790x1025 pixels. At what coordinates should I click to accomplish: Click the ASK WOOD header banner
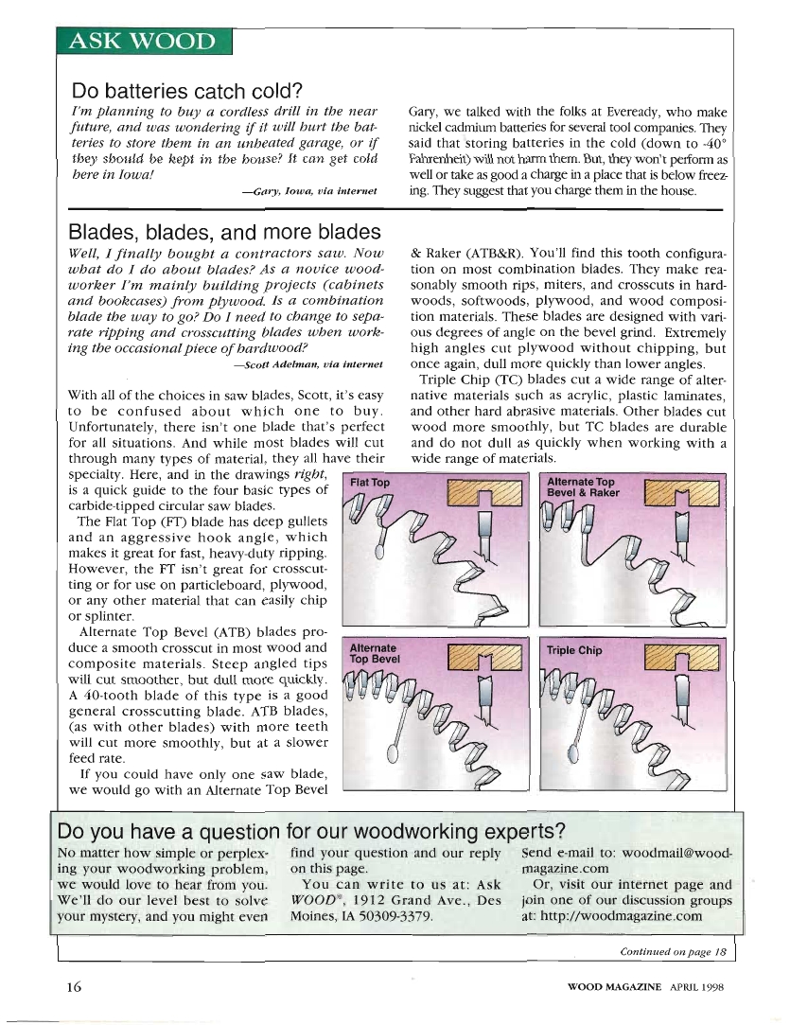coord(143,44)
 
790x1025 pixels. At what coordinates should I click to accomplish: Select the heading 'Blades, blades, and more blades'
coord(225,232)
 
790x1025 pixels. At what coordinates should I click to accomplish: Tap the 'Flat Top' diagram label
coord(370,483)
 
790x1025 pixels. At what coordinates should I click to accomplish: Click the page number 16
coord(75,986)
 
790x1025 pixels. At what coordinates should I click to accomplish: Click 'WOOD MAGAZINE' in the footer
coord(614,987)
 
